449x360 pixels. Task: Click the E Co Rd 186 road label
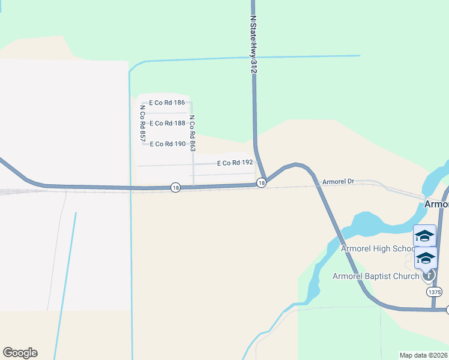pos(167,103)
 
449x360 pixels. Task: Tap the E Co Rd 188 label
pos(167,124)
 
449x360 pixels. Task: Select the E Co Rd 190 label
pos(167,144)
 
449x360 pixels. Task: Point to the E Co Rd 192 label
pos(235,163)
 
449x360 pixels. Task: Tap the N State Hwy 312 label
pos(253,45)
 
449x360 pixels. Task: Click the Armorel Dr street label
pos(339,181)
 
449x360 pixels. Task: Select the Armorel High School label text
pos(378,248)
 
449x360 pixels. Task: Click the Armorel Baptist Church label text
pos(376,276)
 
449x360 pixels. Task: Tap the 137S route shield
pos(435,292)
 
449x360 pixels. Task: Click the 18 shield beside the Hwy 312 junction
pos(261,182)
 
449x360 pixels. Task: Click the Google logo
pos(20,353)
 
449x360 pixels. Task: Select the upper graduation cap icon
pos(424,236)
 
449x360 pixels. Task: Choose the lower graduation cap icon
pos(426,258)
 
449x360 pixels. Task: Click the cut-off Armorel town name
pos(436,204)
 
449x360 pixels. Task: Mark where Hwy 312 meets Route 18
pos(268,178)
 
